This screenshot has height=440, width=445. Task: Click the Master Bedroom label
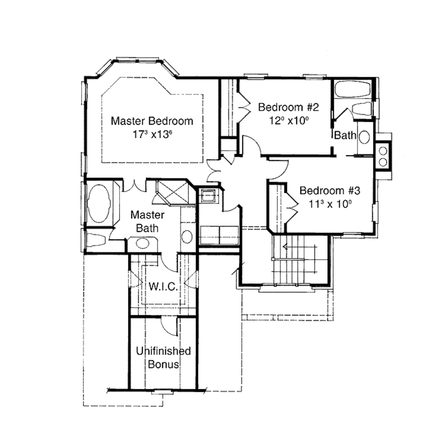(152, 121)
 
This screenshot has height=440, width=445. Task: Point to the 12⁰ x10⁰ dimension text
(289, 120)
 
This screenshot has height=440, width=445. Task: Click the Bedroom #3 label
(330, 190)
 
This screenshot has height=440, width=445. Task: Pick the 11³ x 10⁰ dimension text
(330, 204)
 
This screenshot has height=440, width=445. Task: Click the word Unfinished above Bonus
(163, 351)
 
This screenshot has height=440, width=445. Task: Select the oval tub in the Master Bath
(100, 204)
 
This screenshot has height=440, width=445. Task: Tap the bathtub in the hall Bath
(352, 89)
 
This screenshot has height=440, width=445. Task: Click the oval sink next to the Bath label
(364, 137)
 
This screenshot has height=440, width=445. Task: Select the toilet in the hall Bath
(361, 109)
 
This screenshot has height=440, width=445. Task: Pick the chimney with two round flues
(383, 156)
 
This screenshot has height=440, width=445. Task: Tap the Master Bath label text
(147, 221)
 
